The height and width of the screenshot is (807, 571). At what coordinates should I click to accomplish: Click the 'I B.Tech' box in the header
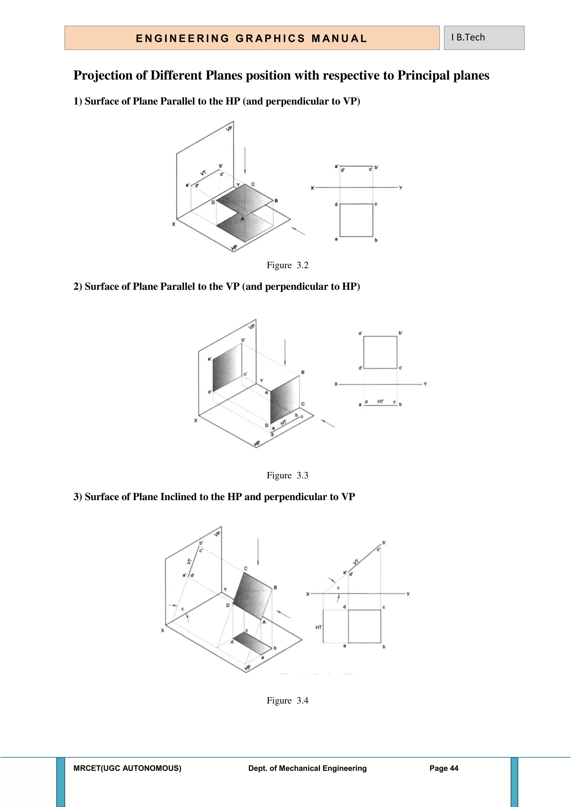[484, 38]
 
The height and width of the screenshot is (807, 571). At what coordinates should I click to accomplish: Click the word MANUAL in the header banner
[339, 39]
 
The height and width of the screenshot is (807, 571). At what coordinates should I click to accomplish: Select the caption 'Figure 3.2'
[287, 265]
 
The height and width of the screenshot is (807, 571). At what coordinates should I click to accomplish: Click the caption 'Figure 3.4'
[287, 700]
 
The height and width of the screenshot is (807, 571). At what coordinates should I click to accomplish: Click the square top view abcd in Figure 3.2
[356, 220]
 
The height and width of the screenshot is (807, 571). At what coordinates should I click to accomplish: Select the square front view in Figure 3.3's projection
[380, 352]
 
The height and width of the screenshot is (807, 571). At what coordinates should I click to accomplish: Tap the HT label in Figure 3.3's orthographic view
[380, 401]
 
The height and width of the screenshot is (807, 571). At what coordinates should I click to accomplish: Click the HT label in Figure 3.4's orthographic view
[319, 627]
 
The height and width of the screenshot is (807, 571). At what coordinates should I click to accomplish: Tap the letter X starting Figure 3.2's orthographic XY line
[312, 188]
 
